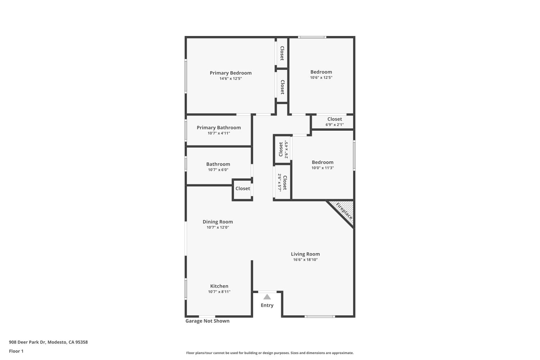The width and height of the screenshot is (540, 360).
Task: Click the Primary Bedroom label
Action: pyautogui.click(x=230, y=73)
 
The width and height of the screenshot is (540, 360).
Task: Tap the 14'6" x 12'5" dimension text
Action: pyautogui.click(x=230, y=78)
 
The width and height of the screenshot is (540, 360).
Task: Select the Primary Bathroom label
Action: pyautogui.click(x=219, y=127)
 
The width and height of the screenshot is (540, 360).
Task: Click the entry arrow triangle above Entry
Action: pyautogui.click(x=267, y=297)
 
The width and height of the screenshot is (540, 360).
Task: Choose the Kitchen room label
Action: pyautogui.click(x=219, y=286)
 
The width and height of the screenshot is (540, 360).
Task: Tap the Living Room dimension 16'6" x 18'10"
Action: pyautogui.click(x=305, y=260)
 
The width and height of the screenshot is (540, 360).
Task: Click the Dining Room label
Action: pyautogui.click(x=217, y=222)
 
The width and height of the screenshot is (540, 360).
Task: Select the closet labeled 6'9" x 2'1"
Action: pyautogui.click(x=334, y=122)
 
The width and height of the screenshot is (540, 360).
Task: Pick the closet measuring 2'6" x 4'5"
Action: pyautogui.click(x=283, y=149)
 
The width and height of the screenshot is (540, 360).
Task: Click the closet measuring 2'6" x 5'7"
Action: pyautogui.click(x=282, y=183)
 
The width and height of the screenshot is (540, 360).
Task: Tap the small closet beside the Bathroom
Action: pyautogui.click(x=242, y=189)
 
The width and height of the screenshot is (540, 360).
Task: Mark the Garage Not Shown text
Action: pyautogui.click(x=207, y=321)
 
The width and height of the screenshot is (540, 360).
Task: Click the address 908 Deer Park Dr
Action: pyautogui.click(x=48, y=342)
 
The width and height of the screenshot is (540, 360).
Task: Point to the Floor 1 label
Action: pyautogui.click(x=16, y=351)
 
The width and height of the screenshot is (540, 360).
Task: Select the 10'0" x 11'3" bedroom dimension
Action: pyautogui.click(x=323, y=168)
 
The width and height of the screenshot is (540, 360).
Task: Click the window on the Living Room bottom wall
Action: pyautogui.click(x=320, y=316)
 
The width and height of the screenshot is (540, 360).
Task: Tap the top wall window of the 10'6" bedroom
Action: pyautogui.click(x=312, y=37)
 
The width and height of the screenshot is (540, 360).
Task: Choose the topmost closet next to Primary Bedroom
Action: pyautogui.click(x=282, y=53)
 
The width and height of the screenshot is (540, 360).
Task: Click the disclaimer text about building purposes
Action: pyautogui.click(x=270, y=353)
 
